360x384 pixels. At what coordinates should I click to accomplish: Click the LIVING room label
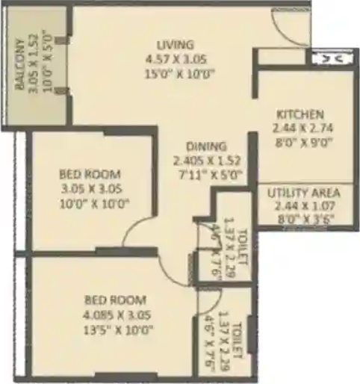click(x=176, y=44)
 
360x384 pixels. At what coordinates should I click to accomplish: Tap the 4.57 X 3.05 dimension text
click(x=176, y=58)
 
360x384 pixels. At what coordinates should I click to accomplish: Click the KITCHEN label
click(x=300, y=114)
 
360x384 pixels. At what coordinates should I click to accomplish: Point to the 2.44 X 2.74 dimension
click(x=300, y=128)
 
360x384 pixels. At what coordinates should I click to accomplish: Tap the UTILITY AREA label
click(x=304, y=193)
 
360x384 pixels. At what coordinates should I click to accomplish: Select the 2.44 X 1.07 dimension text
click(x=304, y=205)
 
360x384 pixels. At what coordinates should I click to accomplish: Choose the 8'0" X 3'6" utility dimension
click(x=304, y=219)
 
